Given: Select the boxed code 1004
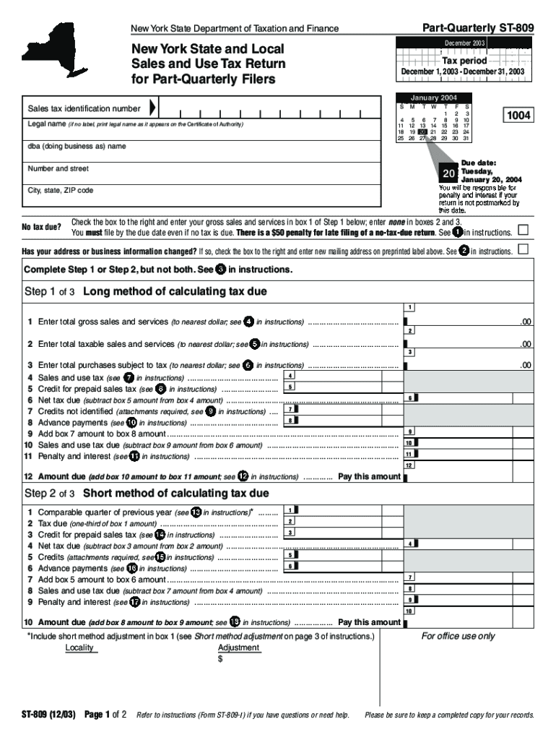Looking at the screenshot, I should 518,115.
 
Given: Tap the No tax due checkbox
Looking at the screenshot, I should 524,230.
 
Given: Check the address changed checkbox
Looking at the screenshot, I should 524,249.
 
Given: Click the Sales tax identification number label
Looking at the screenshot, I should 84,108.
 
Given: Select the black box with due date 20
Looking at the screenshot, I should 448,173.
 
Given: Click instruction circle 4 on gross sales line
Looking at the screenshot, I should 248,322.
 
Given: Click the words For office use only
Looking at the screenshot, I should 458,636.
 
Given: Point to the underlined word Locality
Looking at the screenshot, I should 79,647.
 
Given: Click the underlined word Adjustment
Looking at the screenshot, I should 238,647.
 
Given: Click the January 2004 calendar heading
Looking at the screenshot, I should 433,98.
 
